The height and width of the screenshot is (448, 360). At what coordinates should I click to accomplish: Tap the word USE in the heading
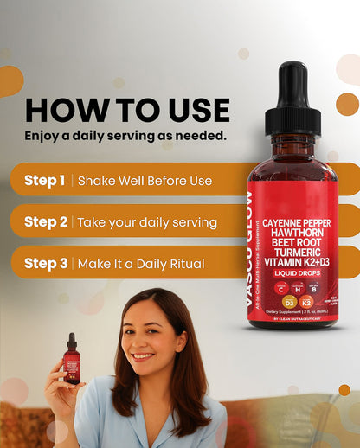pos(193,110)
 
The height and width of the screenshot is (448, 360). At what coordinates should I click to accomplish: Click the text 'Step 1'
pos(45,181)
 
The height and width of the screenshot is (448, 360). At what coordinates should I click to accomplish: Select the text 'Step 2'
pos(46,221)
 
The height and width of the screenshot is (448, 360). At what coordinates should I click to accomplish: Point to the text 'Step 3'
pos(46,263)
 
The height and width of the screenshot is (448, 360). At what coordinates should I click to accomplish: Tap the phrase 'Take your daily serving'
pos(147,222)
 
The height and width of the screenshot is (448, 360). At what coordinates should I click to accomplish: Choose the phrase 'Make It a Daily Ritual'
pos(141,264)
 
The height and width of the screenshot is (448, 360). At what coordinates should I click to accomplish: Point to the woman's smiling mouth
pos(144,355)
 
